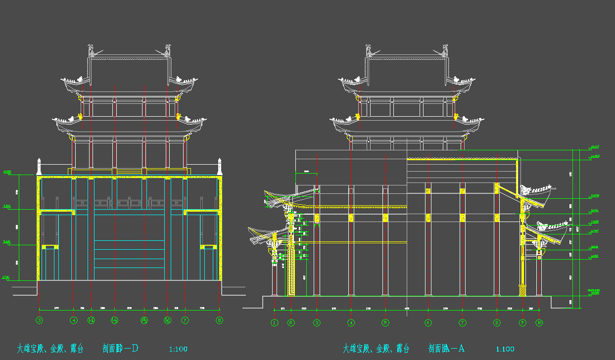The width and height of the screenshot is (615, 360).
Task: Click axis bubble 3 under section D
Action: [x=40, y=320]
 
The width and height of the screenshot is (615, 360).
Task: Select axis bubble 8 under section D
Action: [x=219, y=320]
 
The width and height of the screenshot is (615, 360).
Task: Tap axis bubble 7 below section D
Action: [x=185, y=320]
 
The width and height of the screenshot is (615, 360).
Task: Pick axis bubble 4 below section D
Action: [x=74, y=320]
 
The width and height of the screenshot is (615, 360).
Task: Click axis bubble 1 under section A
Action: [x=275, y=323]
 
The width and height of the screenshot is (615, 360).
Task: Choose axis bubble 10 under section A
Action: [x=539, y=323]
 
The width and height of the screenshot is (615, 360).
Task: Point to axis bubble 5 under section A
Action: [x=385, y=323]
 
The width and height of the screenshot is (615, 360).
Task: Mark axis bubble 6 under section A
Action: [x=428, y=323]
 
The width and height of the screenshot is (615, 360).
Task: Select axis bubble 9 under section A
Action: [x=522, y=323]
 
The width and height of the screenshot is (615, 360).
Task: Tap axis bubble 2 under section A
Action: [x=291, y=323]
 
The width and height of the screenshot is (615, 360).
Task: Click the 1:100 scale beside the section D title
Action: [x=178, y=349]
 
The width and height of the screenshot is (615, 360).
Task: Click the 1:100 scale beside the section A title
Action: [x=505, y=349]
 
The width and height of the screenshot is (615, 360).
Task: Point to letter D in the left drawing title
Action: [x=134, y=349]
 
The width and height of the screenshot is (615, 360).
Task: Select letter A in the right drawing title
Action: [x=461, y=349]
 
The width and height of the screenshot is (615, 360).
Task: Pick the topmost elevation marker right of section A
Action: [x=595, y=147]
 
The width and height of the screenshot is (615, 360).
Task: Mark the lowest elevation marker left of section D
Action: [x=6, y=278]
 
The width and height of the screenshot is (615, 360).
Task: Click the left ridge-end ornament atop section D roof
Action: [x=92, y=50]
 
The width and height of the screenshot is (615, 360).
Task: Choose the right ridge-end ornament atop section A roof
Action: [x=445, y=50]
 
